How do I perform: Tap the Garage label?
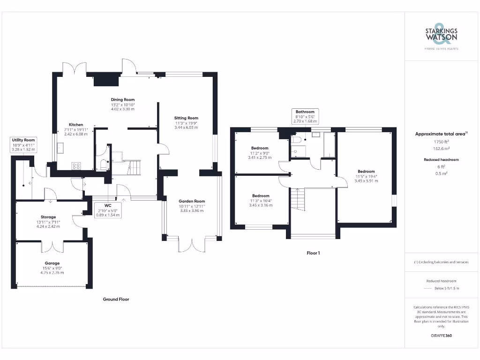52,263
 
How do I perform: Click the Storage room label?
48,217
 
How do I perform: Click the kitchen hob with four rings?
75,165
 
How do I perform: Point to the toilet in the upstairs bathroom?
296,140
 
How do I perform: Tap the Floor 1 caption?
313,253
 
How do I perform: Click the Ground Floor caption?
116,299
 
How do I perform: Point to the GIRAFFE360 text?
441,336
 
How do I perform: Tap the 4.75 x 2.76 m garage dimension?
52,272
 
